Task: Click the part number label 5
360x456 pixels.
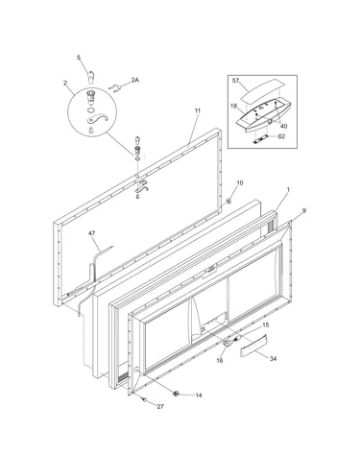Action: (x=79, y=58)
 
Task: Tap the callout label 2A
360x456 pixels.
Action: (x=135, y=80)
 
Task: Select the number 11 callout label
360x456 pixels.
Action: (x=198, y=110)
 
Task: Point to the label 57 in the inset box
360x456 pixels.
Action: (x=236, y=81)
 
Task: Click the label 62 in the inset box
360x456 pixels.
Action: (x=281, y=136)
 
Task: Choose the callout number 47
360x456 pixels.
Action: (x=92, y=233)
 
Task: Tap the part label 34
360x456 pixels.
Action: (x=273, y=359)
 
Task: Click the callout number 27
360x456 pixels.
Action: (x=160, y=406)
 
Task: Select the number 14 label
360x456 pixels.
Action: (x=199, y=396)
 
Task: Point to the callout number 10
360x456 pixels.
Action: (x=240, y=182)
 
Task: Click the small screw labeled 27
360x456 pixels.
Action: (x=145, y=399)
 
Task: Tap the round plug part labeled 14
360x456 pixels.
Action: (x=176, y=394)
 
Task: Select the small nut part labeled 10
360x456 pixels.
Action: (x=228, y=201)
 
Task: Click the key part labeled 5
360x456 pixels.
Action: (x=91, y=77)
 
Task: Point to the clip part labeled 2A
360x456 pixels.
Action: (x=114, y=87)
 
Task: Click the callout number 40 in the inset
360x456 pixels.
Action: (x=283, y=126)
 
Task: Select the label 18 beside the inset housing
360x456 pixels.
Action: (x=233, y=106)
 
